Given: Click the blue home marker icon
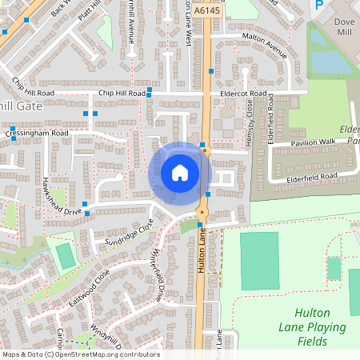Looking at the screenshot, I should pos(179,172).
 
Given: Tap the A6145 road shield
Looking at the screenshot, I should pos(205,10).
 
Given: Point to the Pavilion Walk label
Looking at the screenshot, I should pos(314,142).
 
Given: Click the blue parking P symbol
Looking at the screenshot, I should pos(318,4).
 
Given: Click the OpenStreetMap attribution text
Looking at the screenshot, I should pos(80,354).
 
